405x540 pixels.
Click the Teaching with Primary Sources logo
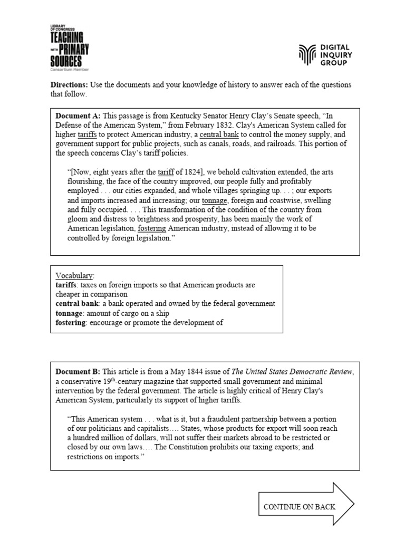[x=69, y=48]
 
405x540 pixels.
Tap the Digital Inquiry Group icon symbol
[x=308, y=55]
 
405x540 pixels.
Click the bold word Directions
[x=69, y=85]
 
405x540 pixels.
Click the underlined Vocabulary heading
[x=74, y=275]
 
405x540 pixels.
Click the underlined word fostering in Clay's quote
[x=152, y=229]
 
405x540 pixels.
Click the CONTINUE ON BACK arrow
[x=306, y=506]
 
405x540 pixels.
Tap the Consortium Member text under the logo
[x=69, y=69]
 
